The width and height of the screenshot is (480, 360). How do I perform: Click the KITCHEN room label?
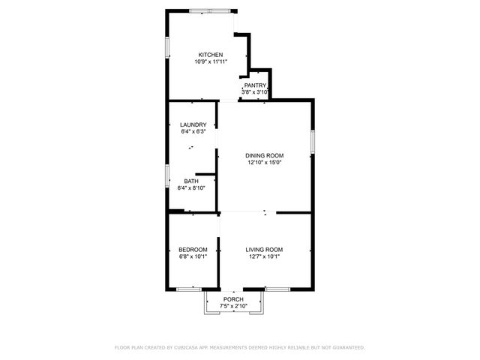pyautogui.click(x=210, y=55)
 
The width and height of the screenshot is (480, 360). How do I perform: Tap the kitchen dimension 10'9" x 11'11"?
pyautogui.click(x=210, y=61)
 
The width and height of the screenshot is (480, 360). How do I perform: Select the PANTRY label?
pyautogui.click(x=255, y=86)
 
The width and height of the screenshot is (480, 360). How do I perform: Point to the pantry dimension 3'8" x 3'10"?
pyautogui.click(x=255, y=93)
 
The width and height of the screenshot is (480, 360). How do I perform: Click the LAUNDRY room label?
pyautogui.click(x=193, y=124)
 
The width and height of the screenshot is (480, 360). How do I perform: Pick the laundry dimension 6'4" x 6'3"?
pyautogui.click(x=193, y=131)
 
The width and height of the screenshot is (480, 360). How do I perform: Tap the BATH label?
pyautogui.click(x=191, y=181)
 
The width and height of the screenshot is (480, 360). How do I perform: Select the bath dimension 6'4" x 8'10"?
pyautogui.click(x=191, y=187)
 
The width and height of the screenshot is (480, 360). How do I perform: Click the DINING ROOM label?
pyautogui.click(x=264, y=155)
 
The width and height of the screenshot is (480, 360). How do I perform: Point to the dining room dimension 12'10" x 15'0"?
pyautogui.click(x=264, y=162)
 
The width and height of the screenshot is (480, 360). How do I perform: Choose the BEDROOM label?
pyautogui.click(x=192, y=249)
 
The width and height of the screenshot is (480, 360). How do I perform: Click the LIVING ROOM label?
pyautogui.click(x=265, y=249)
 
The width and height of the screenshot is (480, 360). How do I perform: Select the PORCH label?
pyautogui.click(x=233, y=299)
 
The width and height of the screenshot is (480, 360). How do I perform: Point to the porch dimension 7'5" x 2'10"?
pyautogui.click(x=233, y=306)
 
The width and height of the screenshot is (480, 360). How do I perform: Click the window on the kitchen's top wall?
pyautogui.click(x=211, y=10)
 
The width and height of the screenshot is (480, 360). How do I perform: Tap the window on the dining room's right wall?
pyautogui.click(x=312, y=140)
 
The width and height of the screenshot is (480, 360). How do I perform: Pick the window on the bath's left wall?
pyautogui.click(x=166, y=175)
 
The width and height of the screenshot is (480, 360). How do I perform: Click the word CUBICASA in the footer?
pyautogui.click(x=189, y=347)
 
